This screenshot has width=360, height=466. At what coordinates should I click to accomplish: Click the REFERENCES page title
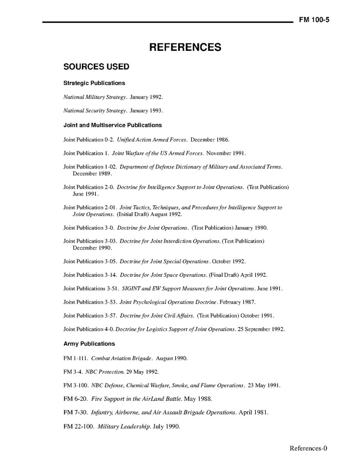coord(185,47)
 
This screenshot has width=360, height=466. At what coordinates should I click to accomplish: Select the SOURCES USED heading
coord(96,67)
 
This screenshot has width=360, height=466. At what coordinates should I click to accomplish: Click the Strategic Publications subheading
coord(94,83)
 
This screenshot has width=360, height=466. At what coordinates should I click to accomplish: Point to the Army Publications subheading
coord(89,344)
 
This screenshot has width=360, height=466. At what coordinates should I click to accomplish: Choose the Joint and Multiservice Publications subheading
coord(112,125)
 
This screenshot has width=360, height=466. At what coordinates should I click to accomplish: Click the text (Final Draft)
coord(225,275)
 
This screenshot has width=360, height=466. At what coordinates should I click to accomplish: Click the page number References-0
coord(308,448)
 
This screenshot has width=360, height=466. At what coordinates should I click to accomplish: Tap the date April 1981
coord(254,413)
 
